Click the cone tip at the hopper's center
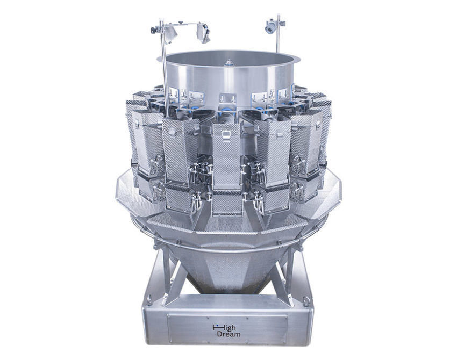coord(228,62)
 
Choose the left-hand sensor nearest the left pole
coord(170,34)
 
